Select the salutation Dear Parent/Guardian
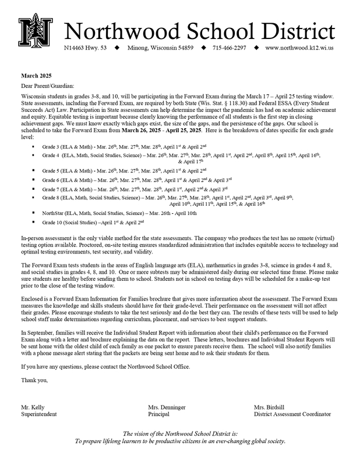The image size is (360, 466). pos(47,86)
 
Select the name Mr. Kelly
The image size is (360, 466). pos(33,406)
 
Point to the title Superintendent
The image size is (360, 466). pos(40,414)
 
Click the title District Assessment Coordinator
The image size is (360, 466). pos(292,414)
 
